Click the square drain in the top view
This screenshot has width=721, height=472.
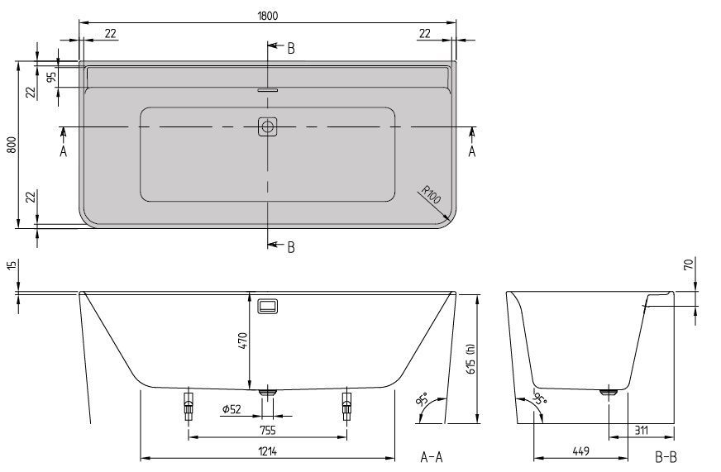click(x=267, y=126)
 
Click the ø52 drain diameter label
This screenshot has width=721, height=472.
click(x=233, y=410)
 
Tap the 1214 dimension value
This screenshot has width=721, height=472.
click(x=266, y=451)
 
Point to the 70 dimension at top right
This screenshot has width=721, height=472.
click(x=688, y=266)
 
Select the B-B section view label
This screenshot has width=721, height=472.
click(x=666, y=456)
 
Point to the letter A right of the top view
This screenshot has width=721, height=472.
click(x=472, y=151)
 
